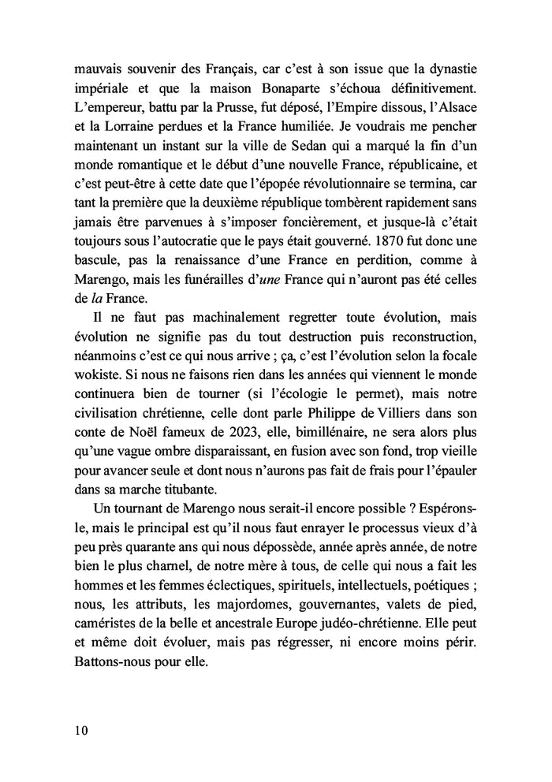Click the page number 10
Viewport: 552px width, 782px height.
(x=77, y=729)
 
